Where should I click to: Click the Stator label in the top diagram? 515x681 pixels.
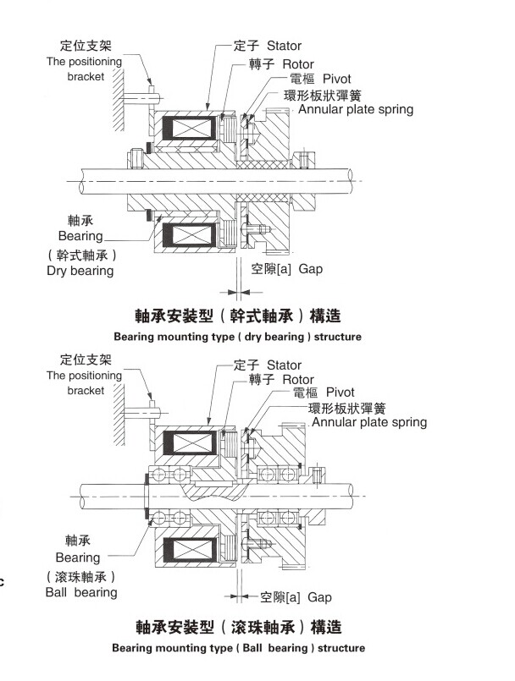click(x=284, y=45)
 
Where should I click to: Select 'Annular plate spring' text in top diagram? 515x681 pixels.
click(x=356, y=109)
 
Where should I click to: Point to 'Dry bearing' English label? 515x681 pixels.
click(x=80, y=271)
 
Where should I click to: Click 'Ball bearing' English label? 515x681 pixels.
click(x=81, y=592)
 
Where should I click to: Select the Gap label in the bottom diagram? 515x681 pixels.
click(x=319, y=597)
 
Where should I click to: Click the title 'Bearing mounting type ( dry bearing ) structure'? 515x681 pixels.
click(x=237, y=337)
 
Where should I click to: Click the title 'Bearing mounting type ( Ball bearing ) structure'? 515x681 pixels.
click(x=239, y=648)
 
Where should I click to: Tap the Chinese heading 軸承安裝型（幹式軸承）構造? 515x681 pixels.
click(x=238, y=316)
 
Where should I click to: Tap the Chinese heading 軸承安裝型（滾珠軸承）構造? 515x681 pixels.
click(x=238, y=628)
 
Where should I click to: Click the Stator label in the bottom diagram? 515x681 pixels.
click(x=284, y=365)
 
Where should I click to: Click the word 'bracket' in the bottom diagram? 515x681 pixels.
click(x=86, y=391)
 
